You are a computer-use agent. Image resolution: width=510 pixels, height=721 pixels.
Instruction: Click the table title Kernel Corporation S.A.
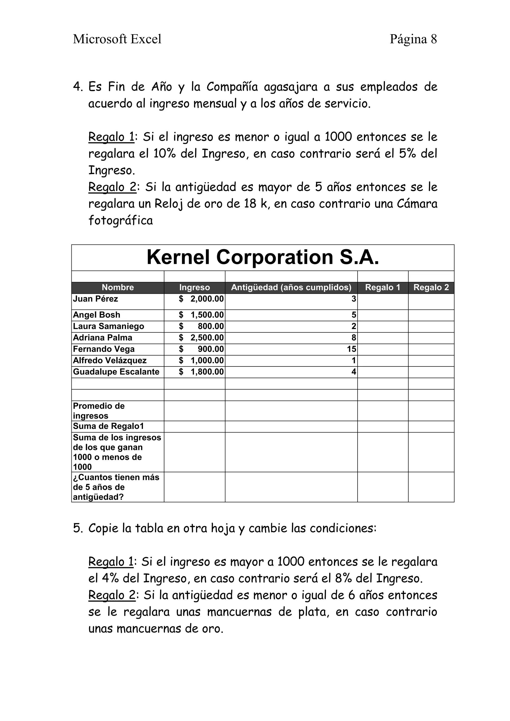(x=263, y=257)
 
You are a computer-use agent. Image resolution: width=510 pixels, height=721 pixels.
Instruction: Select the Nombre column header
(x=118, y=287)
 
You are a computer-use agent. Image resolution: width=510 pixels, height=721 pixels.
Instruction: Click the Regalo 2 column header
(x=431, y=287)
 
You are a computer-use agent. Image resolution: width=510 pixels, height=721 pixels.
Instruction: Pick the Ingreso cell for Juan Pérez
(x=201, y=299)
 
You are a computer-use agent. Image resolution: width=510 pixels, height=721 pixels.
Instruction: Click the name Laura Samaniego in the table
(x=108, y=326)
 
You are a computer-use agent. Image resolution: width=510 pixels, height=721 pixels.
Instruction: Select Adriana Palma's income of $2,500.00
(x=201, y=338)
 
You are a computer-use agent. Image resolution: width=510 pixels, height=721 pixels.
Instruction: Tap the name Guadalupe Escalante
(x=116, y=372)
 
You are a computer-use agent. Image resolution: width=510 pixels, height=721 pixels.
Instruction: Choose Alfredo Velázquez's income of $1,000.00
(x=201, y=360)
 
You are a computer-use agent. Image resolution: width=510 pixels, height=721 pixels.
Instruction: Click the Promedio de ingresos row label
(x=99, y=411)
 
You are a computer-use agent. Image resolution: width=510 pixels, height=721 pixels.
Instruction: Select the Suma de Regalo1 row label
(x=108, y=426)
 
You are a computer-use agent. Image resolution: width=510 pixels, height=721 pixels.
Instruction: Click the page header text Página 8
(x=413, y=39)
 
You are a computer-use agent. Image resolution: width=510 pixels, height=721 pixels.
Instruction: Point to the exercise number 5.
(x=77, y=528)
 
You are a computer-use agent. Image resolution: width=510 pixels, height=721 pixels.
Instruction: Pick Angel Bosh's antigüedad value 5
(x=354, y=315)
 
